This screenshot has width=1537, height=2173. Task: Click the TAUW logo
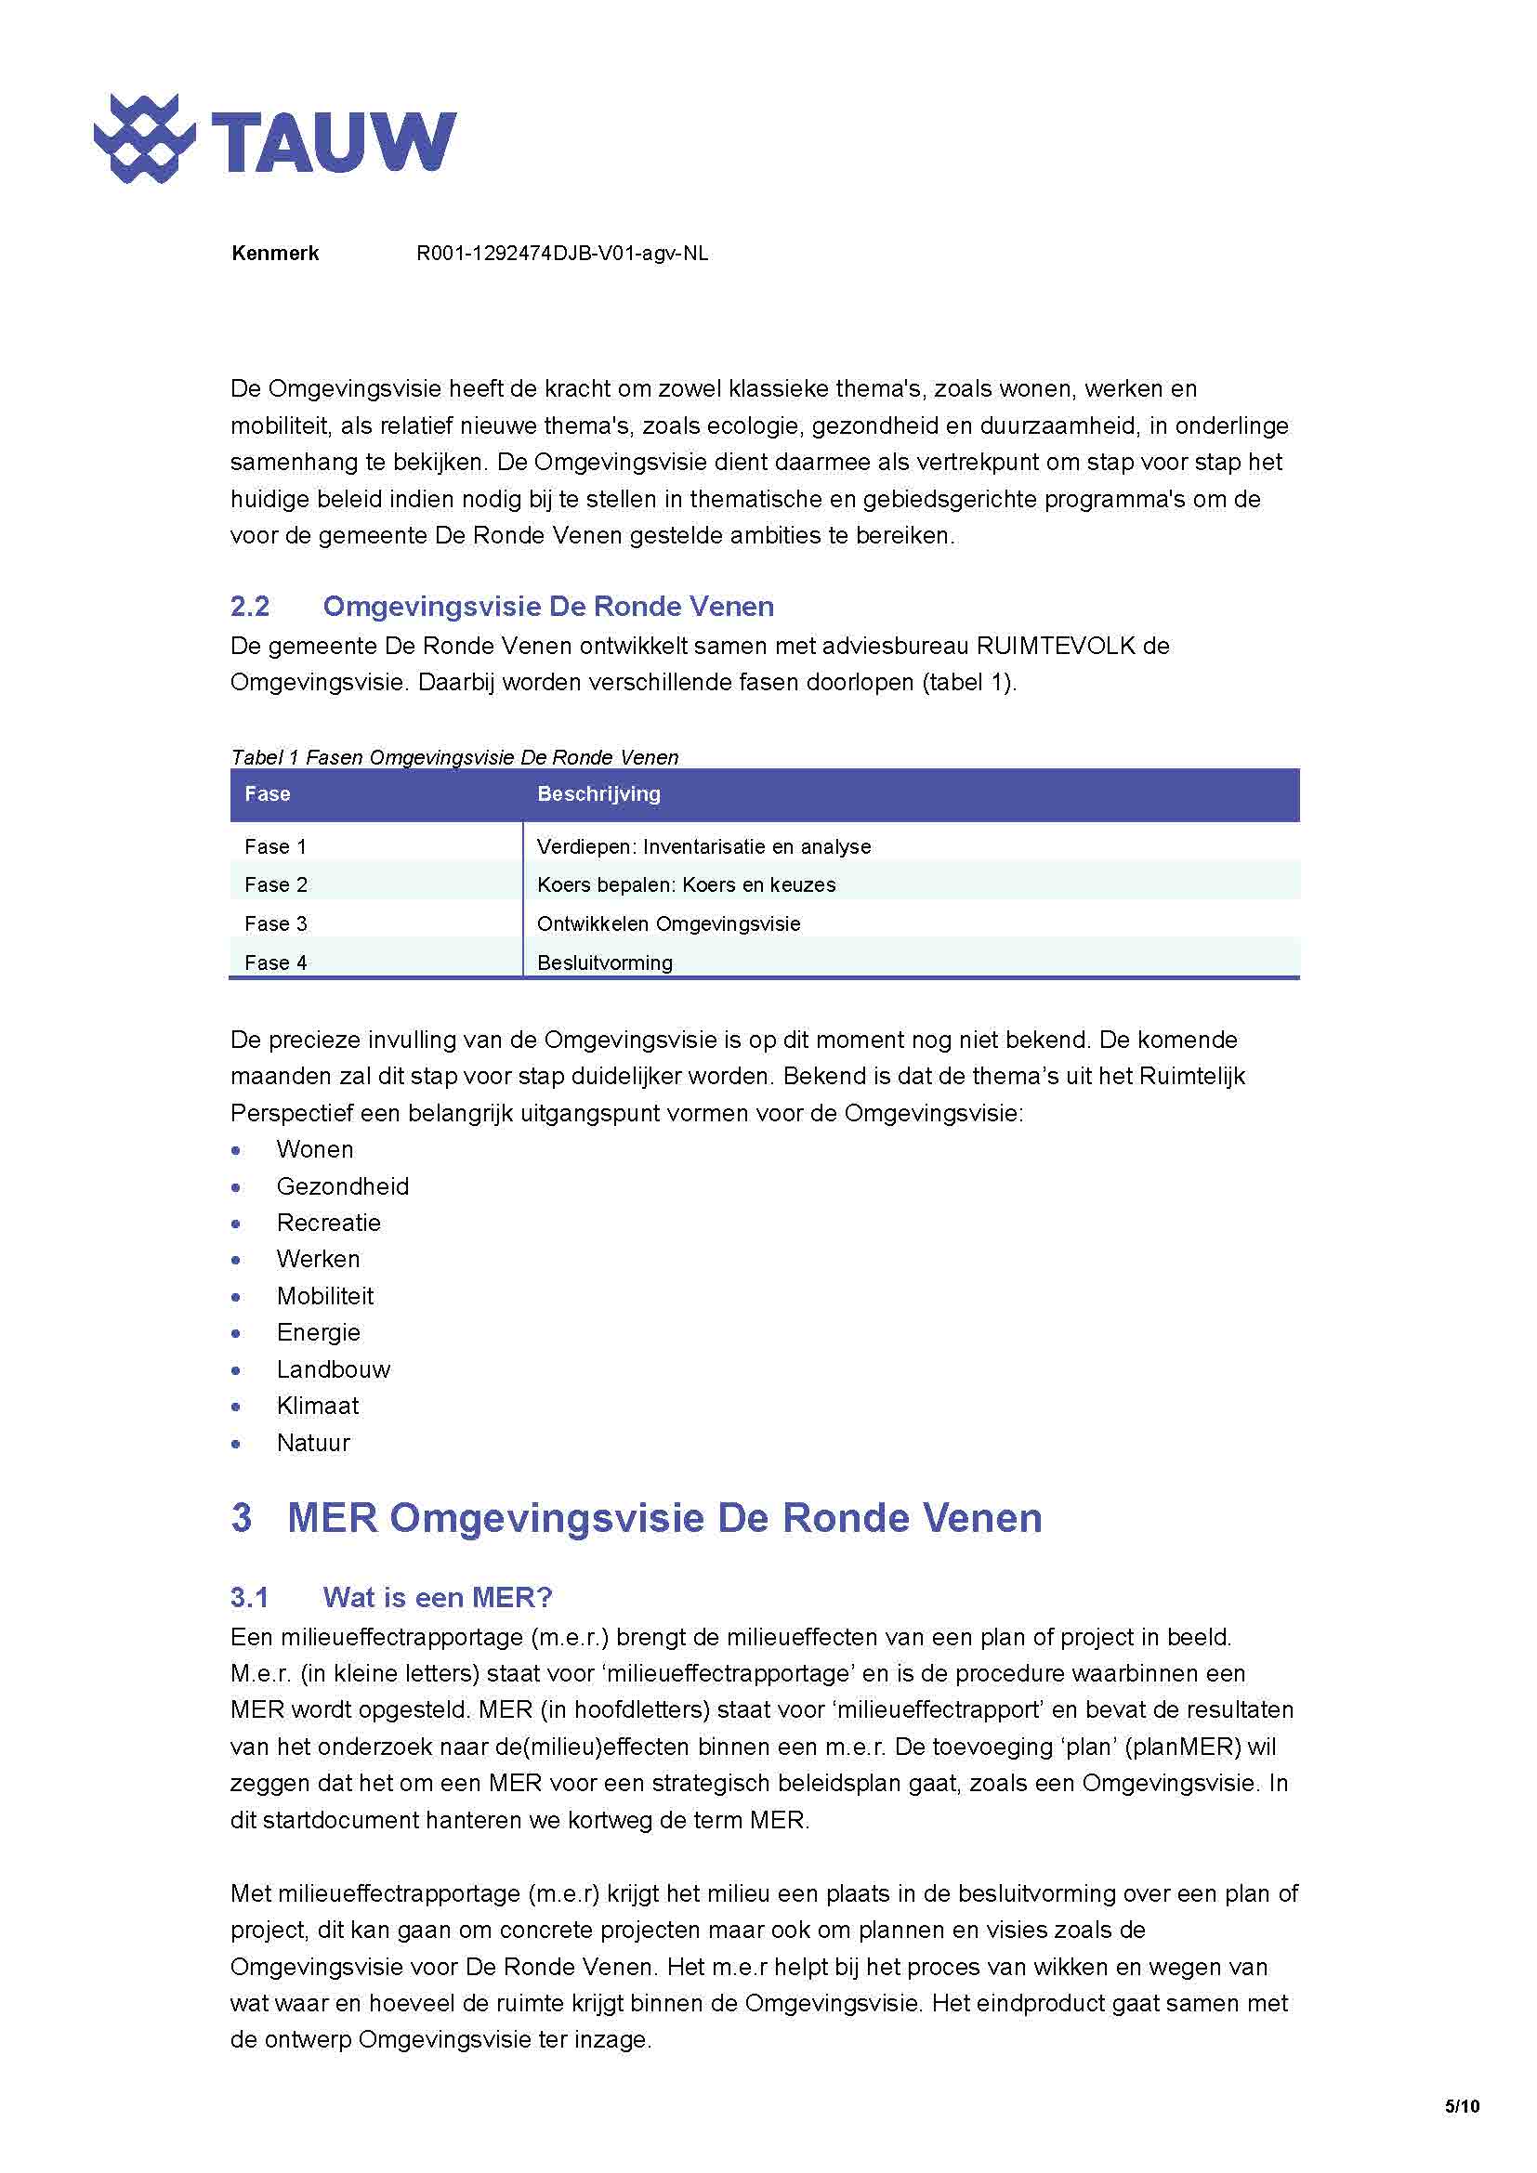click(x=274, y=139)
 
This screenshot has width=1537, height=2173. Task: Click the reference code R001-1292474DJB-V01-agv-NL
click(x=562, y=254)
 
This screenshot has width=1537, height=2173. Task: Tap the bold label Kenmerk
click(x=274, y=254)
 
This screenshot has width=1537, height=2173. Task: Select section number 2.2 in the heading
click(x=250, y=607)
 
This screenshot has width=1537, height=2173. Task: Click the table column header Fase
click(x=267, y=794)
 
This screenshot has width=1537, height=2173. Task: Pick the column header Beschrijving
click(x=598, y=794)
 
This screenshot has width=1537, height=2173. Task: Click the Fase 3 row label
click(x=275, y=923)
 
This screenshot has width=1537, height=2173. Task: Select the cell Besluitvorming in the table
click(x=605, y=962)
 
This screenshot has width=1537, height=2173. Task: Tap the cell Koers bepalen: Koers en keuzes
click(x=686, y=885)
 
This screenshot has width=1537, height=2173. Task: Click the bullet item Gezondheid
click(x=343, y=1186)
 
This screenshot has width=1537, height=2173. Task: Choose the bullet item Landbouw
click(x=334, y=1369)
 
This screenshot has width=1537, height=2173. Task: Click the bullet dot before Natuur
click(x=237, y=1445)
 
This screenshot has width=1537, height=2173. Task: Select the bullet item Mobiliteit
click(x=324, y=1297)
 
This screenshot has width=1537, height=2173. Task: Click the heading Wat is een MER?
click(x=438, y=1599)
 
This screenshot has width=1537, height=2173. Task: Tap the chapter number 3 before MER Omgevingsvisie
click(x=242, y=1518)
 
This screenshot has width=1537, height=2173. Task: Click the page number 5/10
click(x=1462, y=2107)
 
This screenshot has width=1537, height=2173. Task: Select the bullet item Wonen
click(x=314, y=1150)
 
